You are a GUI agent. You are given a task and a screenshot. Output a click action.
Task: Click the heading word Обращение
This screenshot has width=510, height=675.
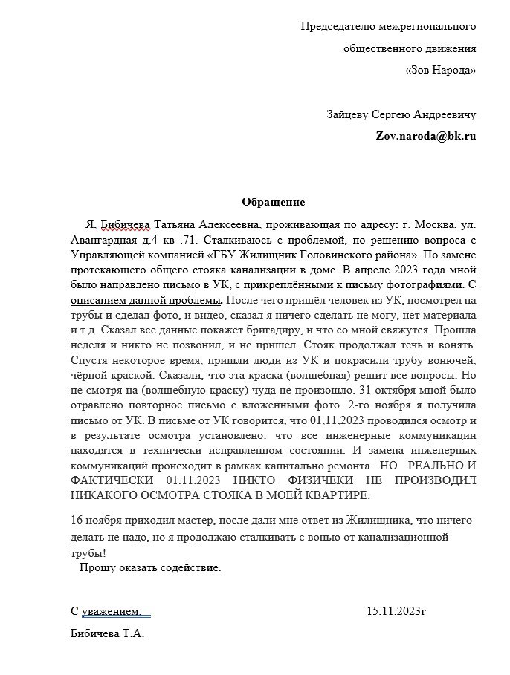273,202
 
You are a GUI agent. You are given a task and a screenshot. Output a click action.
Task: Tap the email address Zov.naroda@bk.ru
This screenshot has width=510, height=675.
425,137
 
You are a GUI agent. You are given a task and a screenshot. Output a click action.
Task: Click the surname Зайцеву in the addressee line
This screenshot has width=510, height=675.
349,115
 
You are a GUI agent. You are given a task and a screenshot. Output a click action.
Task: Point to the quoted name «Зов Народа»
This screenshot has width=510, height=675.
440,71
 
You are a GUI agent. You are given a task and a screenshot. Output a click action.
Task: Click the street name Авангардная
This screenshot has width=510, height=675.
102,240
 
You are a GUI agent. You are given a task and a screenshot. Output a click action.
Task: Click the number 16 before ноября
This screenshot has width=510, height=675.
77,519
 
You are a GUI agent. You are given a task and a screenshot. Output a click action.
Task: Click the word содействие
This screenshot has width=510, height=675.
191,568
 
